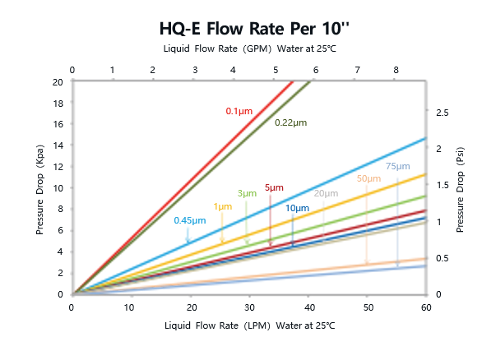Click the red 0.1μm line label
(239, 111)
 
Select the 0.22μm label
(290, 122)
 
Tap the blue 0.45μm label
(189, 220)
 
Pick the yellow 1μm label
(221, 206)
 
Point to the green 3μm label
(247, 194)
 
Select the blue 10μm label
(297, 208)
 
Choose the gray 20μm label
(326, 194)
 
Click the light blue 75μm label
(397, 167)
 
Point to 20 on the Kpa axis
(57, 82)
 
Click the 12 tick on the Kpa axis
(57, 167)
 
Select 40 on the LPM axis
(308, 307)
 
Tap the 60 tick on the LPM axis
(425, 307)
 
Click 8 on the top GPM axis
(396, 71)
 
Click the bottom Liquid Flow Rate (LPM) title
(249, 326)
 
